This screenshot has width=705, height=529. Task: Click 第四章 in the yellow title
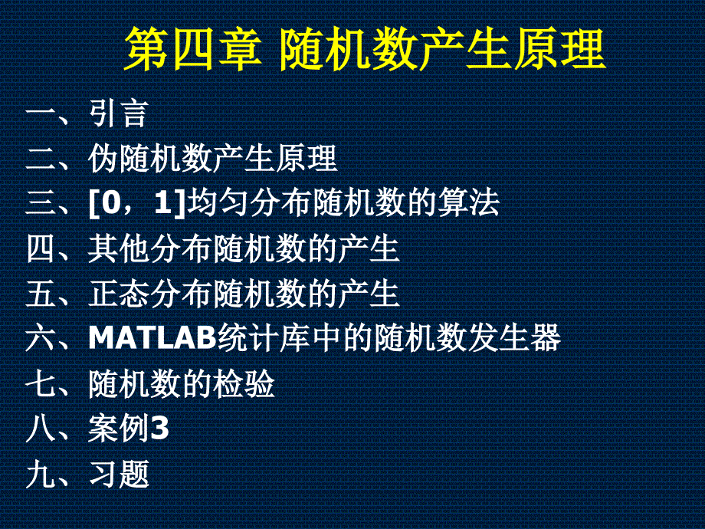(192, 49)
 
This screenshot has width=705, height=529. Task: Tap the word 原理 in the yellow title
(559, 49)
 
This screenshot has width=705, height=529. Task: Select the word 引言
(119, 113)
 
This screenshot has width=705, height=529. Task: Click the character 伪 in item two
(103, 159)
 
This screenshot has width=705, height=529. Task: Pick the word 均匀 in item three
(218, 203)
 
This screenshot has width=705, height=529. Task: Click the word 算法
(469, 203)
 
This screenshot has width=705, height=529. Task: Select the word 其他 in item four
(119, 248)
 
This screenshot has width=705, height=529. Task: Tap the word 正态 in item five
(119, 294)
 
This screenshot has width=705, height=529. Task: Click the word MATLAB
(152, 337)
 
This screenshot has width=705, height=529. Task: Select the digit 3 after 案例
(159, 428)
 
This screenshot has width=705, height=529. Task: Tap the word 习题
(119, 474)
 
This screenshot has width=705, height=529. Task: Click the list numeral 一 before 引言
(41, 113)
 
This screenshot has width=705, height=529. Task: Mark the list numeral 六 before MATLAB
(41, 338)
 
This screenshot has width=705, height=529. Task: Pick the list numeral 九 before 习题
(41, 474)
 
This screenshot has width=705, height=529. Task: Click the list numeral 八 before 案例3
(41, 429)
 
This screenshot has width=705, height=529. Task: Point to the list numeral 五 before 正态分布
(41, 294)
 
